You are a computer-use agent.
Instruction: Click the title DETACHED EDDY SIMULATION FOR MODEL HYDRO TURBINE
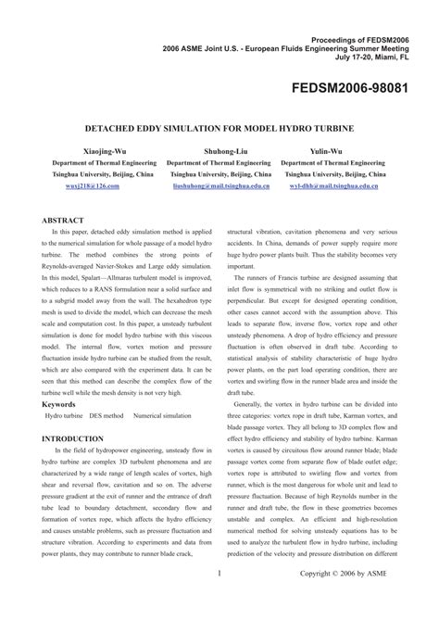[219, 121]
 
